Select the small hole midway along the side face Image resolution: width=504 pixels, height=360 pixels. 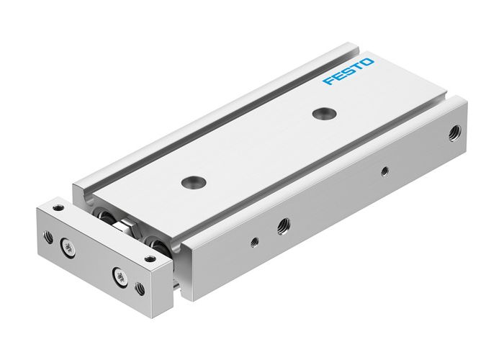click(384, 170)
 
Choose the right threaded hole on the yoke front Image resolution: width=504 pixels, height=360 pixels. click(140, 289)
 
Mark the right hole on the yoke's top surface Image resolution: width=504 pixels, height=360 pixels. click(150, 257)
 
